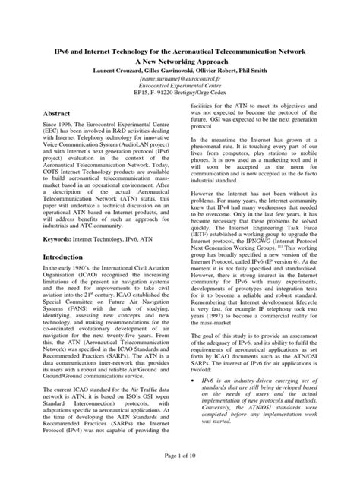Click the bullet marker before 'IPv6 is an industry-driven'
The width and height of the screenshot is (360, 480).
point(195,399)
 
